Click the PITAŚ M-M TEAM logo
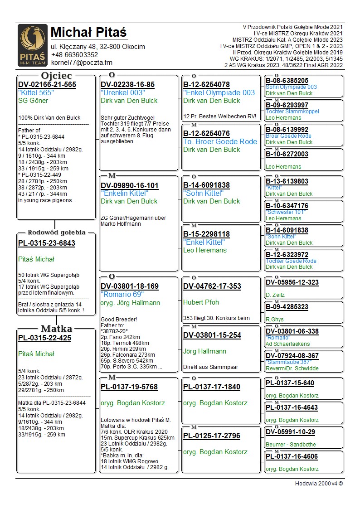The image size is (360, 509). (32, 45)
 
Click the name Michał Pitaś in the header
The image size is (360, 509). (89, 33)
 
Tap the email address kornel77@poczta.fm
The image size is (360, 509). (81, 63)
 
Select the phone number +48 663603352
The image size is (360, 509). (74, 55)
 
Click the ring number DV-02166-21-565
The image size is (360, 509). (47, 85)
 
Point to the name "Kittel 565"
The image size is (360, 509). (36, 92)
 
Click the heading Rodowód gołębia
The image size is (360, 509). (57, 233)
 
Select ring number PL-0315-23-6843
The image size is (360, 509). (47, 243)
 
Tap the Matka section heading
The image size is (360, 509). (56, 329)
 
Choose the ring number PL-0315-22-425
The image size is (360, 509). (44, 338)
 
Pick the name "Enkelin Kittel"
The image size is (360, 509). (124, 193)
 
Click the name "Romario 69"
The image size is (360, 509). (122, 295)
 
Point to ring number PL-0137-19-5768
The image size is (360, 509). (129, 387)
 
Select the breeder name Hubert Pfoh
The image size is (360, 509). (201, 302)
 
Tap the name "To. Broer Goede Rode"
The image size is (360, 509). (220, 142)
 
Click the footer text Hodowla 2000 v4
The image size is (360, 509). (319, 484)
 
